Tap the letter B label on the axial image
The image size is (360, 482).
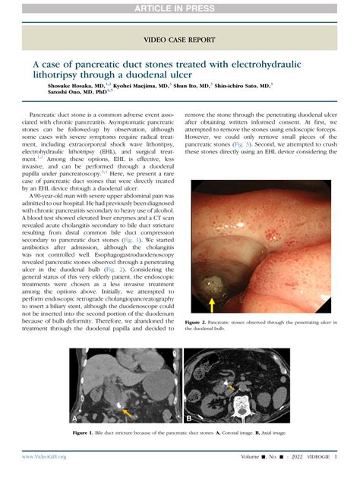click(188, 417)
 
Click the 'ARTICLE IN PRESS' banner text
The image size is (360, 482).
click(180, 8)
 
